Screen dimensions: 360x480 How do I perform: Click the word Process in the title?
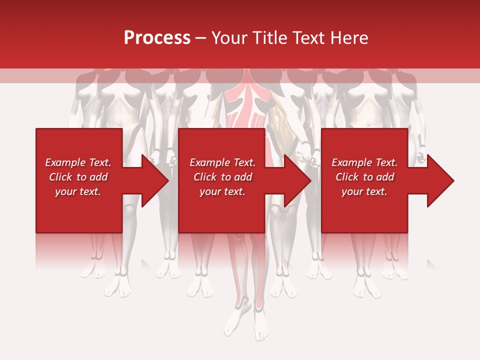pyautogui.click(x=157, y=38)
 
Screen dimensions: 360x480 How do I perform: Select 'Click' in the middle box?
pyautogui.click(x=204, y=177)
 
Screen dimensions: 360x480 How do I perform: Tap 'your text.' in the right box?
pyautogui.click(x=364, y=191)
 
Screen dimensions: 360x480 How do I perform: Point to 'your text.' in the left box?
pyautogui.click(x=78, y=191)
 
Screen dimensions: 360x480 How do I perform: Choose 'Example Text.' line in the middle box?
pyautogui.click(x=222, y=162)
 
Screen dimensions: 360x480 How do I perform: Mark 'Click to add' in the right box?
pyautogui.click(x=364, y=177)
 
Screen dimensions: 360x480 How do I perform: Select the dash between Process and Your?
pyautogui.click(x=201, y=38)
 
